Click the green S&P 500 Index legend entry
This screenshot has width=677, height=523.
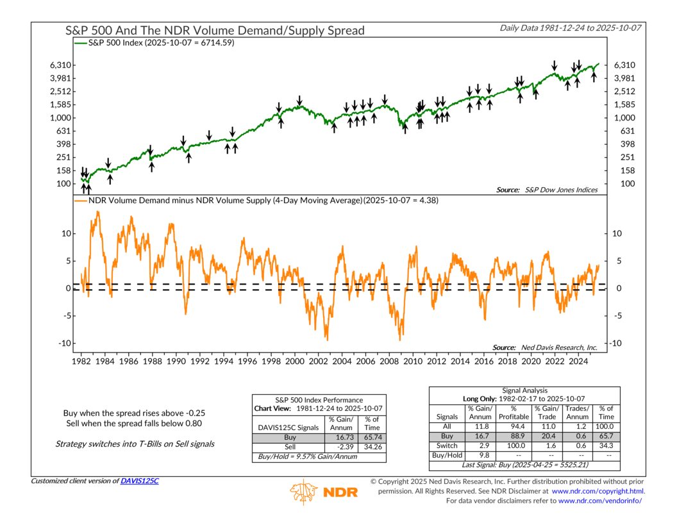click(x=160, y=43)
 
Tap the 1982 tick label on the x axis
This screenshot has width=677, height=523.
click(x=81, y=361)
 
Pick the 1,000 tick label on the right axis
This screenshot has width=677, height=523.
click(x=625, y=118)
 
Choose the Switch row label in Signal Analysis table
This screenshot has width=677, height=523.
click(x=447, y=445)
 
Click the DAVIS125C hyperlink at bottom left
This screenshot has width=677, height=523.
click(x=139, y=481)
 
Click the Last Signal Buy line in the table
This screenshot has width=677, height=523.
click(x=525, y=465)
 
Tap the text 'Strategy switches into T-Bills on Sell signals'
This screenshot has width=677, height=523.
click(x=135, y=444)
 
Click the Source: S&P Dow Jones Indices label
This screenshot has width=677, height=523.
click(x=547, y=190)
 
